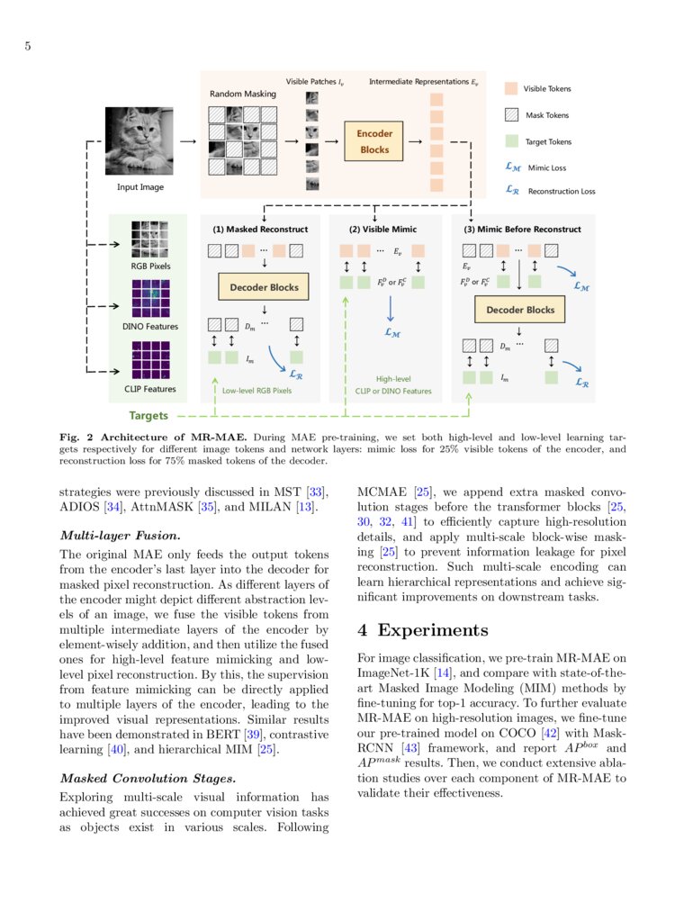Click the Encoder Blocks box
coord(374,142)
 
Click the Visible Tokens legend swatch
coord(510,89)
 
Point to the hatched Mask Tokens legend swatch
coord(510,115)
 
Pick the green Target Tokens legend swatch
coord(510,141)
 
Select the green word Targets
coord(147,417)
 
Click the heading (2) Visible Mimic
coord(382,230)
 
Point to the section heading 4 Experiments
coord(423,629)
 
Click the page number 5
coord(28,47)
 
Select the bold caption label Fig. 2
coord(77,437)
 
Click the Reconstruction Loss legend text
coord(561,191)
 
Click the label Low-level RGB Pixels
coord(257,391)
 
